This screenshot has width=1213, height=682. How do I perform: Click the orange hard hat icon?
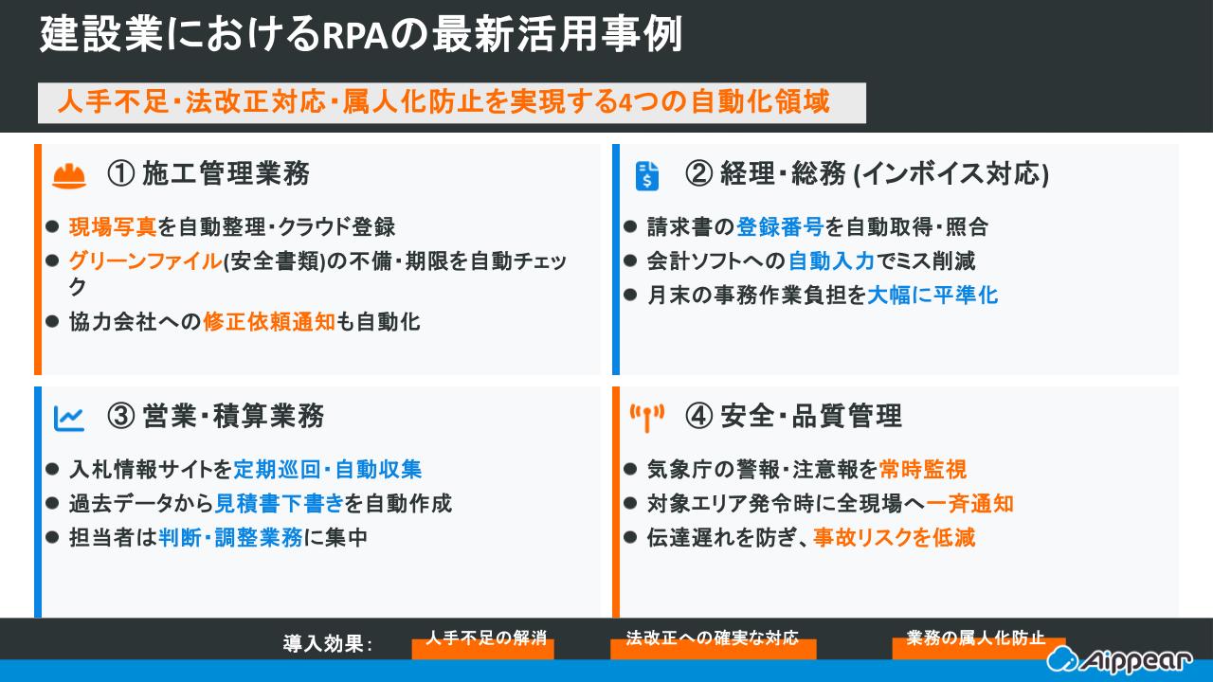69,175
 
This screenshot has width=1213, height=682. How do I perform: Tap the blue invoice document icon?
647,175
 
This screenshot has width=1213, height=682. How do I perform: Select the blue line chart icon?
69,417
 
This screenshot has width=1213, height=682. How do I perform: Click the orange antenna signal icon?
647,417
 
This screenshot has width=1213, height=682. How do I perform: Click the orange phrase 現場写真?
113,227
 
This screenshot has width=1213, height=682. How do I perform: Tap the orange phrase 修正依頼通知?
269,322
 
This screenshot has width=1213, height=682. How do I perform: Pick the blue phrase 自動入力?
831,261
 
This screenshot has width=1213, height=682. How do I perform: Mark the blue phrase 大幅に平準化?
932,296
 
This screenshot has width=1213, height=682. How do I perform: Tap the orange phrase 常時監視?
922,470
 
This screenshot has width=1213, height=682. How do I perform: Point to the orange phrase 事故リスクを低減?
894,538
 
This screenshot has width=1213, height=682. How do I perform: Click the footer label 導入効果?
328,644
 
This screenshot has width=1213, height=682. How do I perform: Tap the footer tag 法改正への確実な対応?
713,638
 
